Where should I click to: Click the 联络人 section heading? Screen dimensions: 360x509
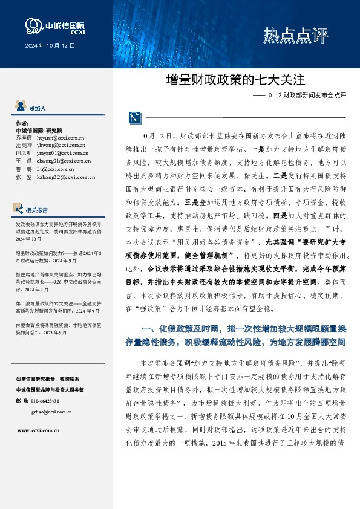tap(38, 108)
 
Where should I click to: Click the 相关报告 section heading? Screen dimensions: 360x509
tap(38, 193)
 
